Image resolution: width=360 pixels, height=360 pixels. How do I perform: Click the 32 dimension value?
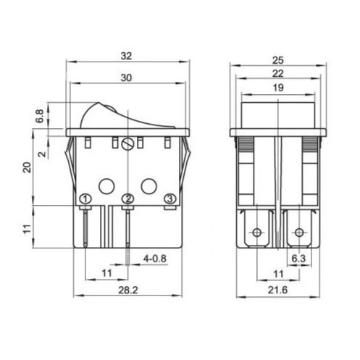tap(126, 56)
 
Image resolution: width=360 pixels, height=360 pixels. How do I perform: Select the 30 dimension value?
tap(126, 78)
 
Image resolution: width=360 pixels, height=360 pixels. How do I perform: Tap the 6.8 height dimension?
tap(40, 116)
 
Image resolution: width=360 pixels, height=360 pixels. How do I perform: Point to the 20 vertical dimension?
tap(28, 167)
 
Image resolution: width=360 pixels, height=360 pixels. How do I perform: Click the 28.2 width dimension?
tap(128, 290)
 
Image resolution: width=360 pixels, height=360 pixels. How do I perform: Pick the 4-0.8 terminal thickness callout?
tap(155, 259)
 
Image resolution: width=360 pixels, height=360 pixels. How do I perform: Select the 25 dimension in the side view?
tap(277, 60)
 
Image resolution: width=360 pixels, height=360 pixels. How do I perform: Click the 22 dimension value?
tap(277, 73)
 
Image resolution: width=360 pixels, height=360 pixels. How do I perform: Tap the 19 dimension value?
tap(278, 88)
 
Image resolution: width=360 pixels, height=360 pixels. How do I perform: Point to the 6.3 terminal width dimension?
tap(298, 259)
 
